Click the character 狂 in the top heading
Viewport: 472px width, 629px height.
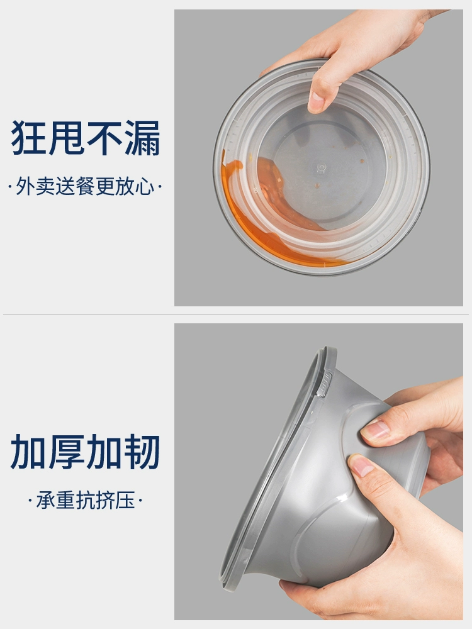click(x=29, y=138)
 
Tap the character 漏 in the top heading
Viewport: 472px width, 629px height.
click(x=142, y=138)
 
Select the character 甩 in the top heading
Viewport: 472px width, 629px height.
click(x=67, y=138)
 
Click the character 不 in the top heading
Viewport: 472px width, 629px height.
click(x=104, y=138)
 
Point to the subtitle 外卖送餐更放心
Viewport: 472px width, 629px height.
click(x=85, y=187)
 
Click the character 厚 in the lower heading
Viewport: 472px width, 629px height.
click(x=67, y=452)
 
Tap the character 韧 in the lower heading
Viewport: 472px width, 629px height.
click(x=142, y=452)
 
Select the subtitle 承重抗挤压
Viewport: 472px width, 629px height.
click(x=85, y=500)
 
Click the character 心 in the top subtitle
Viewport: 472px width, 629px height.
click(x=145, y=187)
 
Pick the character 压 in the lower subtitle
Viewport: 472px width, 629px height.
click(x=125, y=500)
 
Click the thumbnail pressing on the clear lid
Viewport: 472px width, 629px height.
click(x=317, y=102)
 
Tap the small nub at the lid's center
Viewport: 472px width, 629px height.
click(x=322, y=168)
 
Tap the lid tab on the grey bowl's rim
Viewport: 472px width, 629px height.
click(x=324, y=385)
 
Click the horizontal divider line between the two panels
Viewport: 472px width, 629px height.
click(x=236, y=314)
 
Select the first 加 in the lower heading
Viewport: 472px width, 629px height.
click(x=29, y=452)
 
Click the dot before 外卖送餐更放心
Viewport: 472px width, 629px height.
click(x=9, y=187)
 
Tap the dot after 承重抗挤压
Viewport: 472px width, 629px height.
click(x=140, y=501)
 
